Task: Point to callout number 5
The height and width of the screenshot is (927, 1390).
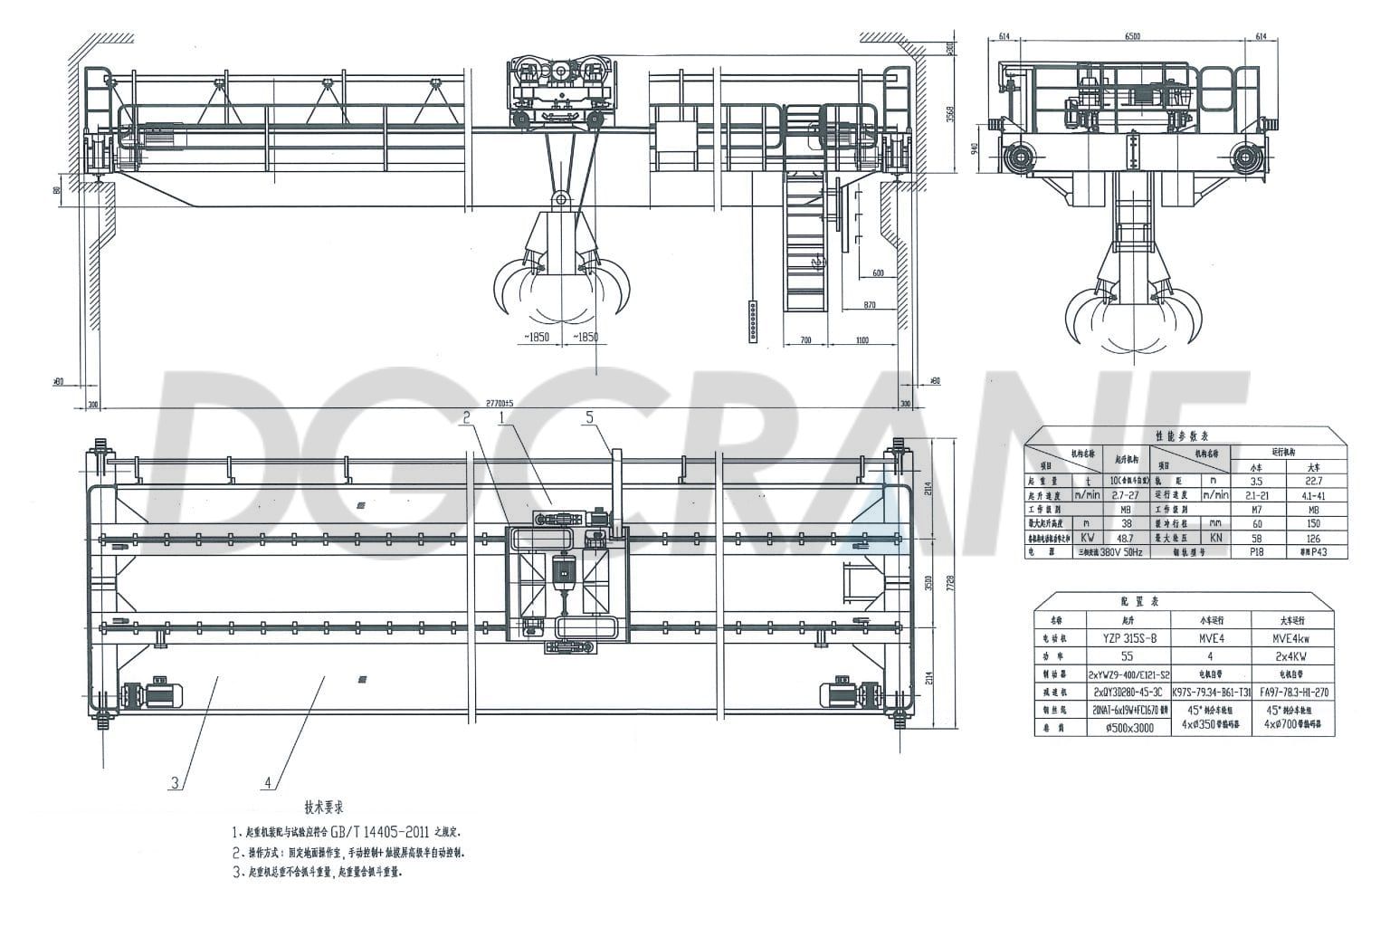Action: [x=590, y=417]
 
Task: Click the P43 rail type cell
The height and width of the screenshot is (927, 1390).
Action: [x=1312, y=551]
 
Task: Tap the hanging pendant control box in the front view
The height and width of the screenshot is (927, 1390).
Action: [x=753, y=321]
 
